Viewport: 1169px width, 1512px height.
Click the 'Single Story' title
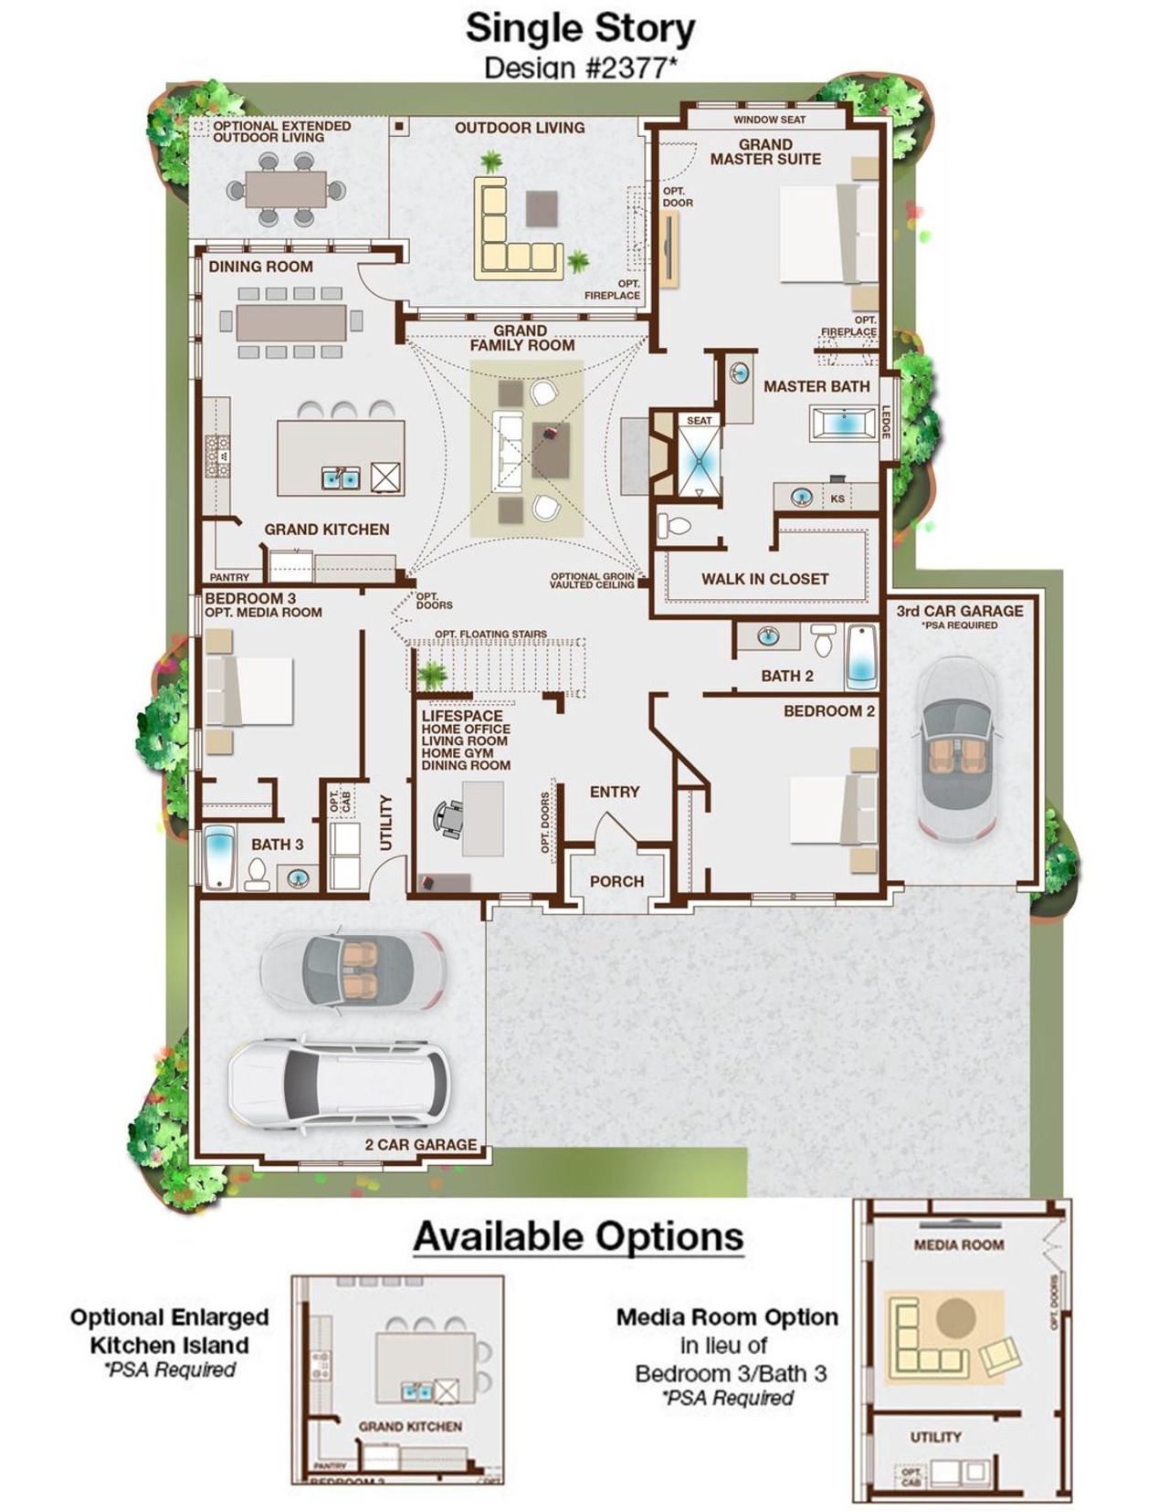point(580,28)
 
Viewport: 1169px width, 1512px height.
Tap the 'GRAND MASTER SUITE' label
point(765,152)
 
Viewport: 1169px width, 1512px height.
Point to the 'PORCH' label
point(616,881)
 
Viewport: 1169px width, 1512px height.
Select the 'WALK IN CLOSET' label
point(764,579)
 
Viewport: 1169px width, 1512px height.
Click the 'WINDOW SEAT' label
point(769,120)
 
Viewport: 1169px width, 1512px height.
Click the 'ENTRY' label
point(614,792)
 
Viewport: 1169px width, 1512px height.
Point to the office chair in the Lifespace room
point(449,818)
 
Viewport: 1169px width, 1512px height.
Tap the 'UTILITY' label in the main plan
point(385,822)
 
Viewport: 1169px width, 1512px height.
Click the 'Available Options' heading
point(578,1236)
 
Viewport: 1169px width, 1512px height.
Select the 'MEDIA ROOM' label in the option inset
point(958,1244)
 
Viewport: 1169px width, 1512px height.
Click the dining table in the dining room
point(291,322)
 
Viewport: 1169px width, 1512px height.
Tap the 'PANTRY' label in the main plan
point(229,577)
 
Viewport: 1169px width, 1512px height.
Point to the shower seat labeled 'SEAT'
point(699,421)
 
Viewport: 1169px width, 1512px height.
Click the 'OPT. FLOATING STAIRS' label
point(490,634)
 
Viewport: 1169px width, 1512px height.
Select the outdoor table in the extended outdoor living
point(286,190)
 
